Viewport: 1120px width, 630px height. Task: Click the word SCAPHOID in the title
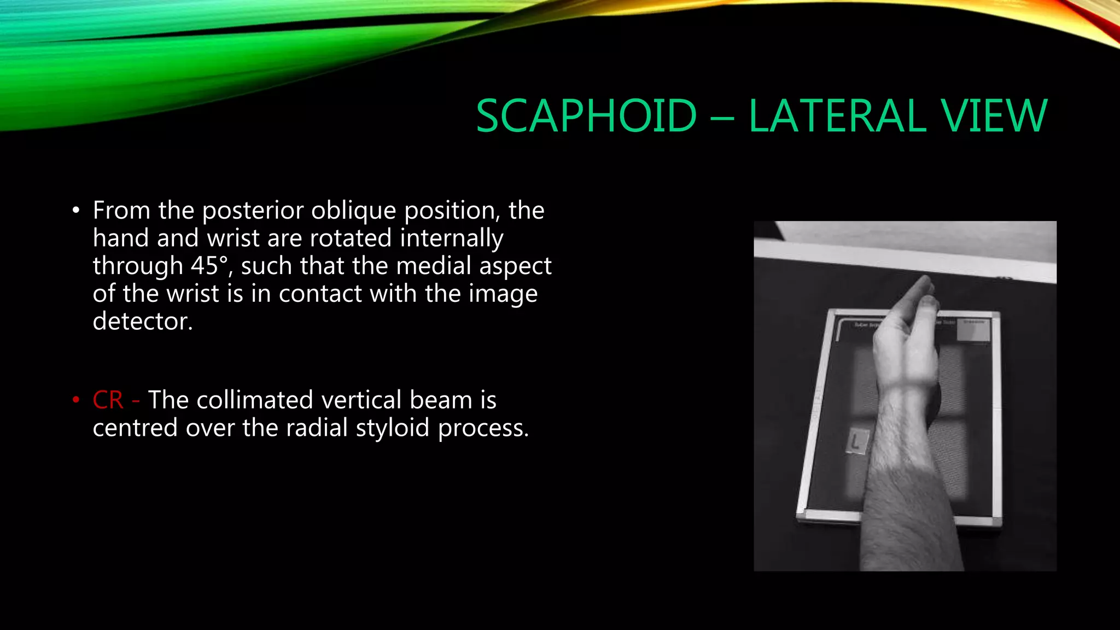coord(586,116)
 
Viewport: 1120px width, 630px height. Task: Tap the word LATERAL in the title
coord(837,116)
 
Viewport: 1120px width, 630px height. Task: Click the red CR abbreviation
coord(108,400)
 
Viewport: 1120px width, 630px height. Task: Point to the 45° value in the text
coord(209,266)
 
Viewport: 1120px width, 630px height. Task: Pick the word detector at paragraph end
coord(142,322)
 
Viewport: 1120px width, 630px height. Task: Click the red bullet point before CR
coord(76,400)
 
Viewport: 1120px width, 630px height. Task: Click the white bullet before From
coord(76,211)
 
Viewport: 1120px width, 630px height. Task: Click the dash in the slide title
coord(722,117)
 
